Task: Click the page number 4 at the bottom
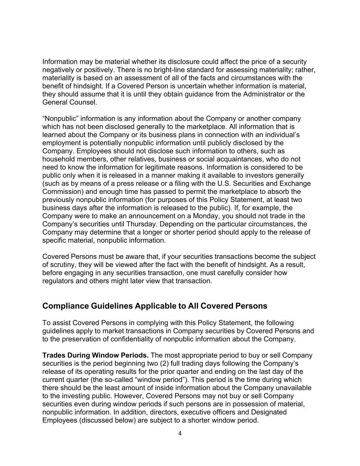[180, 434]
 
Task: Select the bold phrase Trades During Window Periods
[95, 355]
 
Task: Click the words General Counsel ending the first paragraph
[69, 102]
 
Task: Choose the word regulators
[58, 281]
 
